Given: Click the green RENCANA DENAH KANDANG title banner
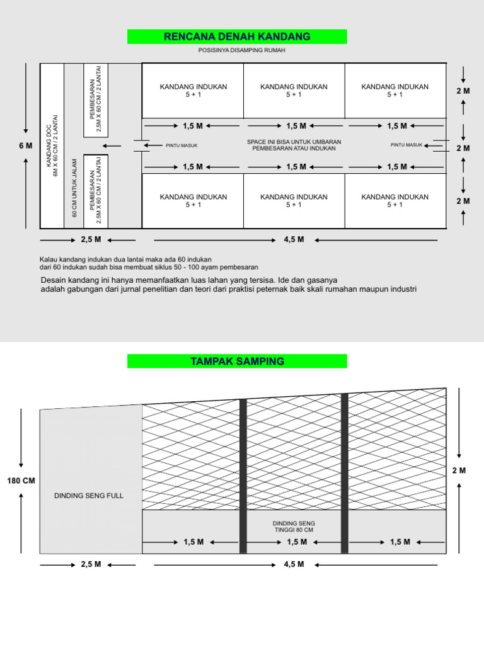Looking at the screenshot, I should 237,37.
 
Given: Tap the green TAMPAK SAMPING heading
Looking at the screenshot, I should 237,362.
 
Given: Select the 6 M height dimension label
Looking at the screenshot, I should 25,146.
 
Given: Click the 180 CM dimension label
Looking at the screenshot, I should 21,481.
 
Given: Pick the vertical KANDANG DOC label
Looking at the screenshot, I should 52,145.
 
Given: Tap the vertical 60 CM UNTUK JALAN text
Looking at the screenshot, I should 74,188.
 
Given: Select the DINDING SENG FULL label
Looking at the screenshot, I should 89,496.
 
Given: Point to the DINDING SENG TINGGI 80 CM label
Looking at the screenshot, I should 294,527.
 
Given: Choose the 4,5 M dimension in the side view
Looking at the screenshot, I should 294,564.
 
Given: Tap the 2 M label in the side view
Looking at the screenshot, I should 459,471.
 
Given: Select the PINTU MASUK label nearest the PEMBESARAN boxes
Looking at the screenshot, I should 181,146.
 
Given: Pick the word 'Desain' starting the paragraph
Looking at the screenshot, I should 54,280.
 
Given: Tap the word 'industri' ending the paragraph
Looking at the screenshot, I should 403,289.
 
